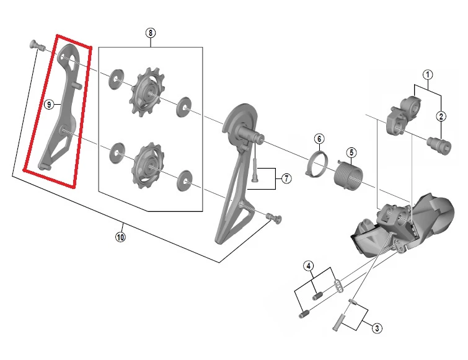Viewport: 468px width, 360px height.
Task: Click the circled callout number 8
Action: click(x=151, y=33)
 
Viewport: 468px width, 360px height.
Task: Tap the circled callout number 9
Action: click(x=49, y=104)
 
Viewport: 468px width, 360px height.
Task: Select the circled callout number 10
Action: click(x=120, y=237)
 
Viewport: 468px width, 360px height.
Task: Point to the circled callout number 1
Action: click(x=428, y=74)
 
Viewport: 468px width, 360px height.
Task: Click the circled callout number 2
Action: click(x=441, y=116)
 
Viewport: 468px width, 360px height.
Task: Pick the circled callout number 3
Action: click(x=377, y=328)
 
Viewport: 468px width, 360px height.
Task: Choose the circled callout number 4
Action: click(x=309, y=266)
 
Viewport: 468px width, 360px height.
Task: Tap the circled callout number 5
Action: click(x=351, y=152)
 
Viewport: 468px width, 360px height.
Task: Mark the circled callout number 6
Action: click(x=319, y=139)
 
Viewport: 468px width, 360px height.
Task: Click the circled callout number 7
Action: click(x=286, y=178)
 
